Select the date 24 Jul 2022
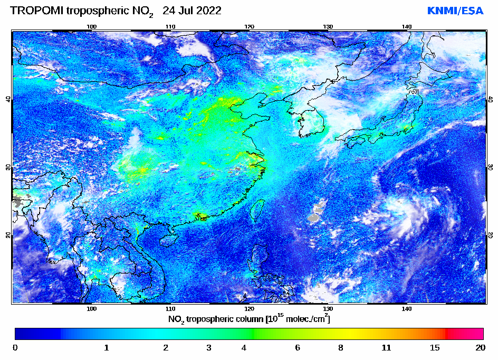[192, 11]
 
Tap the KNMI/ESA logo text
[455, 11]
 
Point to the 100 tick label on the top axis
[91, 26]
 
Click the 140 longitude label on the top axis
[407, 26]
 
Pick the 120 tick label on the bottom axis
[249, 308]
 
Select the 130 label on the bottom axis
[328, 308]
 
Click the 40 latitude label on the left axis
[8, 99]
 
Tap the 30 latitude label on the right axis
[490, 167]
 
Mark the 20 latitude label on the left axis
[8, 235]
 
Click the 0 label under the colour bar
[15, 347]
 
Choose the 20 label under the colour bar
[480, 347]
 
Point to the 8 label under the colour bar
[341, 347]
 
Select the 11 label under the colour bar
[386, 347]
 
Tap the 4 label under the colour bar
[243, 347]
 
